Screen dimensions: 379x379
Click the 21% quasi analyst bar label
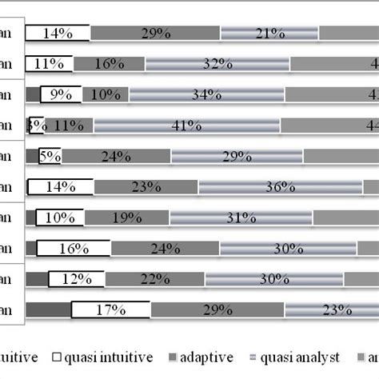(269, 33)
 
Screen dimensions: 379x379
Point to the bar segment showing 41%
(187, 126)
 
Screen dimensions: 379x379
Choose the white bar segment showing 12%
(76, 279)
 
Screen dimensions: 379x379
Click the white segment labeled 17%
(110, 310)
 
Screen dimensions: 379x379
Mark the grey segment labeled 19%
(126, 217)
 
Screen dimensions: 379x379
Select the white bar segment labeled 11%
(49, 64)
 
